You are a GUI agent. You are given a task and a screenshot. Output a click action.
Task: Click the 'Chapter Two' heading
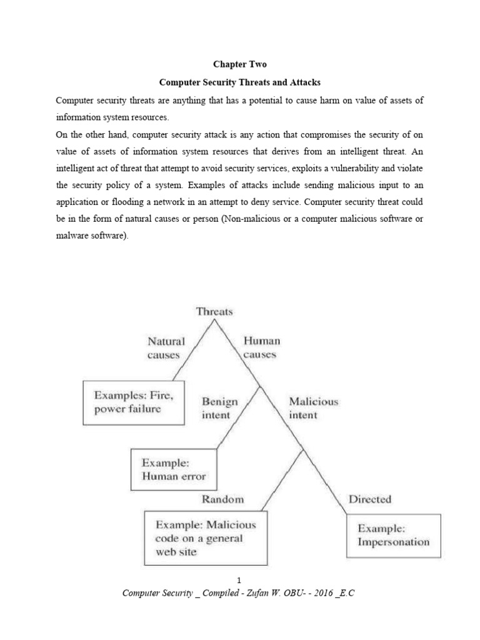239,65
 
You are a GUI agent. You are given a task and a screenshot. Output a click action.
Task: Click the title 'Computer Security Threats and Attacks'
239,82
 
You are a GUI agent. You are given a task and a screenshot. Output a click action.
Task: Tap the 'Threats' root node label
214,311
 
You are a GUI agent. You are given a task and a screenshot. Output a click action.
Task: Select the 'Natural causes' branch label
166,348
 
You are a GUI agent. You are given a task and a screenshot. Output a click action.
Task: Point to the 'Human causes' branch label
261,347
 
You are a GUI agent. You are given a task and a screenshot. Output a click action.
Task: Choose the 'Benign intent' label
216,408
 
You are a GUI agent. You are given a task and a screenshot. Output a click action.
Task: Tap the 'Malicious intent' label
312,408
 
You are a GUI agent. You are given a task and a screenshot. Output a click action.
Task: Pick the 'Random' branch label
222,499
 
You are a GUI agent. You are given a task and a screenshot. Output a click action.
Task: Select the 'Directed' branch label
369,499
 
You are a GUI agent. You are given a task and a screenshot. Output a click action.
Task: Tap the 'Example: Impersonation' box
393,535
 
